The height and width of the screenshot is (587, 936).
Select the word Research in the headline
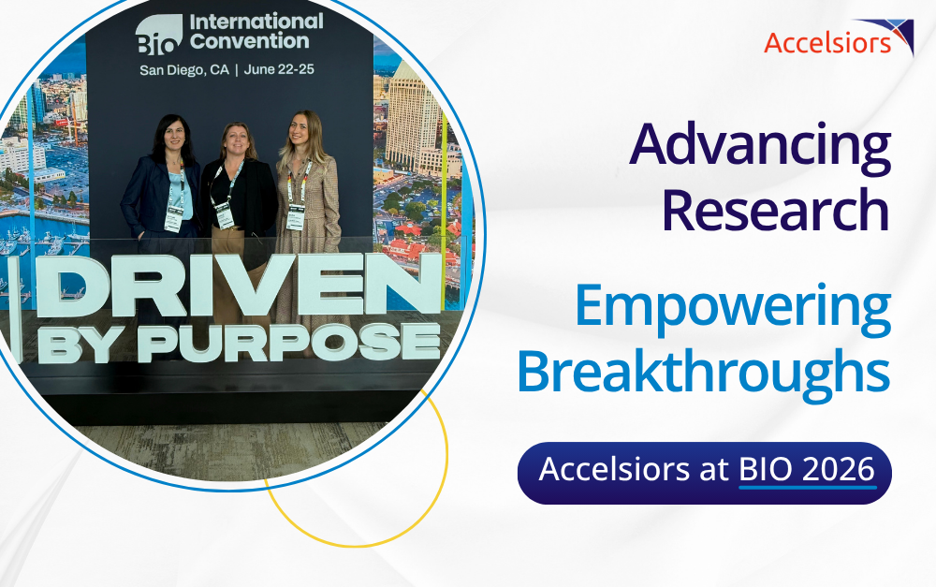coord(776,211)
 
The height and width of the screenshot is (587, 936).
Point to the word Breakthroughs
coord(704,370)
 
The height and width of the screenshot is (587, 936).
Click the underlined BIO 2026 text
coord(807,469)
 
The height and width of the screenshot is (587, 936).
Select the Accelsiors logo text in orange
coord(826,43)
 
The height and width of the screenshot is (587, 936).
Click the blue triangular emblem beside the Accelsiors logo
coord(893,35)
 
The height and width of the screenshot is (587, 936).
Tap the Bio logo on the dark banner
coord(159,35)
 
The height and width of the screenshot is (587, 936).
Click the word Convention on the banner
coord(250,41)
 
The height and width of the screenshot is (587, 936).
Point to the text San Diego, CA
coord(184,70)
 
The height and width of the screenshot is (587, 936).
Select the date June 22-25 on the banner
coord(279,69)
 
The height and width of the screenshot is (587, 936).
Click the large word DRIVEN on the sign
coord(238,286)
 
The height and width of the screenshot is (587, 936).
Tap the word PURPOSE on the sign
coord(289,343)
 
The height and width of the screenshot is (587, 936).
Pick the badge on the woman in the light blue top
coord(173,219)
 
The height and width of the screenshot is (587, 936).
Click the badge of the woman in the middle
coord(224,214)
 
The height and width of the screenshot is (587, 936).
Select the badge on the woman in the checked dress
coord(296,216)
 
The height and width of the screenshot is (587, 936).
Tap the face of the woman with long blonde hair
coord(299,129)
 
